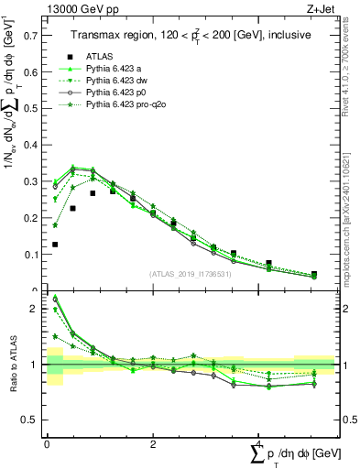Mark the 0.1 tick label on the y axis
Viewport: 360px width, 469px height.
(31, 255)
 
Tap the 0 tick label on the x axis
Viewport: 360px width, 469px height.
(47, 444)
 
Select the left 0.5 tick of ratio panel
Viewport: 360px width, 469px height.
(30, 420)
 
